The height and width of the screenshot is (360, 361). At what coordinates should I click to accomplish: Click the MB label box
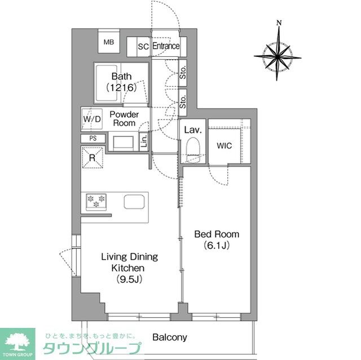(108, 42)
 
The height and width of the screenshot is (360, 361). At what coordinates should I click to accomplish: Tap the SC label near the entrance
(143, 47)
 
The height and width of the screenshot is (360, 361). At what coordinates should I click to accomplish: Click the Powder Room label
(125, 118)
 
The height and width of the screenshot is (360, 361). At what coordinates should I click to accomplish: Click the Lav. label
(193, 130)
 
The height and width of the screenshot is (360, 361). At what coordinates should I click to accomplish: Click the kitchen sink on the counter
(134, 202)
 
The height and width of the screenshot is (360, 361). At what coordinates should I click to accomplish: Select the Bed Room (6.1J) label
(217, 239)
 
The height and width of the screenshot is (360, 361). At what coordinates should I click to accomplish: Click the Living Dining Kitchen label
(129, 268)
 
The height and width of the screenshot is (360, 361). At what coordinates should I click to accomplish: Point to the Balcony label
(169, 337)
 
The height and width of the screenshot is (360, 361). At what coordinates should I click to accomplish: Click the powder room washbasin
(122, 142)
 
